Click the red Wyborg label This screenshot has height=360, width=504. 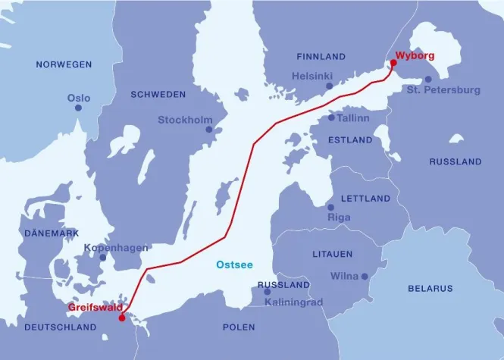tap(415, 55)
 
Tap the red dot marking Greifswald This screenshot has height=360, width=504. tap(121, 318)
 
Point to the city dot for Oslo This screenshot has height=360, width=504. tap(78, 108)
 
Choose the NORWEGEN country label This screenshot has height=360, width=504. tap(64, 65)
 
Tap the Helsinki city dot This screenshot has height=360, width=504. tap(329, 86)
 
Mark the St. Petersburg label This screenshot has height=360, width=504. tap(443, 90)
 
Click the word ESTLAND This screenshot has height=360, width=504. tap(350, 140)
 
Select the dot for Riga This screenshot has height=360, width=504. tap(330, 207)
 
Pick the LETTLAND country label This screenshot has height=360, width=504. tap(366, 199)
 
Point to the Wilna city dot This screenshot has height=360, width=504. tap(365, 277)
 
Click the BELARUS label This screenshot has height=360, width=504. tap(430, 288)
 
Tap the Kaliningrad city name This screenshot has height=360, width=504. tap(294, 302)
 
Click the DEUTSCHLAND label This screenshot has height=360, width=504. tap(61, 327)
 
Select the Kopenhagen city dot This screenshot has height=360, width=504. tap(102, 258)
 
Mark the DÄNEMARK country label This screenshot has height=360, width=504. tap(52, 233)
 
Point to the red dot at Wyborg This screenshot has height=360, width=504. tap(393, 64)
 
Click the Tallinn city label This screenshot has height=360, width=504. tap(355, 118)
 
